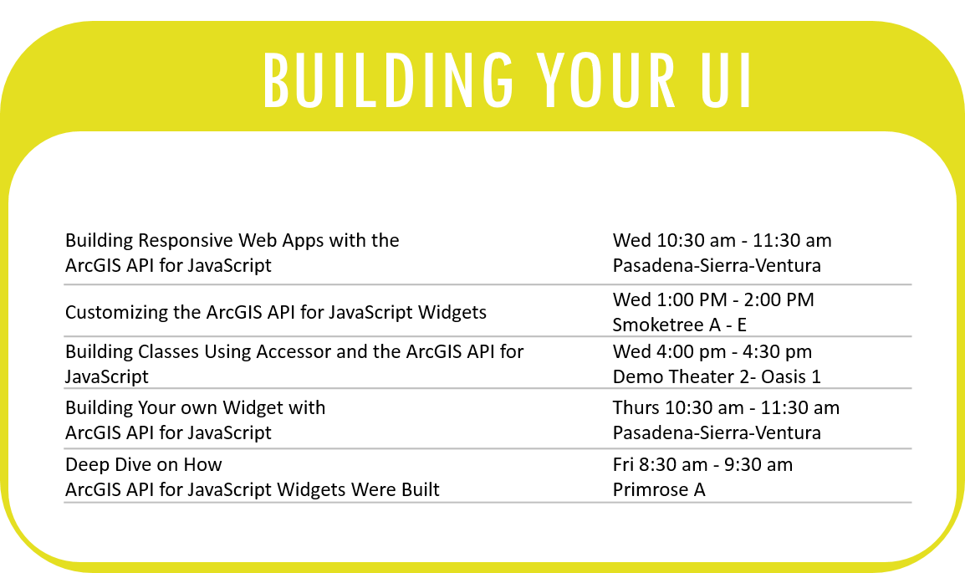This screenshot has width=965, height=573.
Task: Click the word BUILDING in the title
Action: tap(388, 80)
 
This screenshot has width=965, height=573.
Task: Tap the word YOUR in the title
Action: tap(605, 80)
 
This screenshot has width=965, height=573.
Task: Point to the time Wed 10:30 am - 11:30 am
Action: tap(722, 240)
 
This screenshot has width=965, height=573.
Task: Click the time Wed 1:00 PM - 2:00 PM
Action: tap(713, 299)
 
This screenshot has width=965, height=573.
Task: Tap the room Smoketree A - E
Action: tap(680, 325)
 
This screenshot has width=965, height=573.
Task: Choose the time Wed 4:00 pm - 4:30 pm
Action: tap(712, 351)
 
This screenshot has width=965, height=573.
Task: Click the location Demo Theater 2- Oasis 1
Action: tap(717, 376)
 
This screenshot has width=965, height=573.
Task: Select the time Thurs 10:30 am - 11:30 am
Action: tap(726, 407)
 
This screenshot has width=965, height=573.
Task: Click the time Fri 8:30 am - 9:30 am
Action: tap(702, 464)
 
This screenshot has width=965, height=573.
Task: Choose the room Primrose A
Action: tap(659, 489)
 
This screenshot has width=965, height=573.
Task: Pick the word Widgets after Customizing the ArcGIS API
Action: tap(452, 313)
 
